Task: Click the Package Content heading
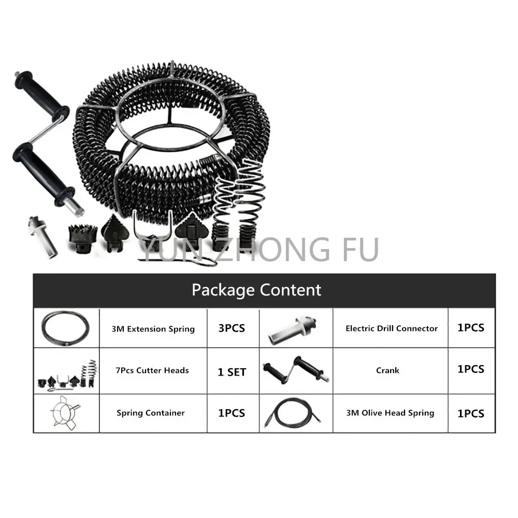click(256, 290)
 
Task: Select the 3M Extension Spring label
click(153, 329)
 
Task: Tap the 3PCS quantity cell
click(232, 328)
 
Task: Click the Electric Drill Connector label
click(392, 328)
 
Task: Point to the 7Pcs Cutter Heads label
click(152, 370)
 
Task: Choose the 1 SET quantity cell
click(232, 372)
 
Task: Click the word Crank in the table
click(387, 370)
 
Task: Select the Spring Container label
click(151, 413)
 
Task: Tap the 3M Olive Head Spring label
click(390, 413)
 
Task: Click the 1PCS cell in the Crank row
click(471, 369)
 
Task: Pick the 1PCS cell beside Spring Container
click(232, 413)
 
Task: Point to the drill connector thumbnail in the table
click(293, 330)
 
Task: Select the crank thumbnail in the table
click(296, 370)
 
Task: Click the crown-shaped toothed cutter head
click(82, 238)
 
